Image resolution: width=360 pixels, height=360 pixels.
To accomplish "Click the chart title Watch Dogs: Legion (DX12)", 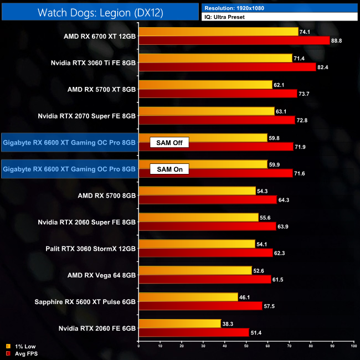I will pos(100,11).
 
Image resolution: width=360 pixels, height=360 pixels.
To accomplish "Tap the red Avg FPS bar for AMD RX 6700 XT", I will pos(234,40).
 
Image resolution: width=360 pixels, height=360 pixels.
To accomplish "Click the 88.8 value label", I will pos(337,40).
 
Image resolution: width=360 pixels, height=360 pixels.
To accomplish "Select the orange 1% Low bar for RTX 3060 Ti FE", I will pos(215,58).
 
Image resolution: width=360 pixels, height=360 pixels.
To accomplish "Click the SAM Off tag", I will pos(169,143).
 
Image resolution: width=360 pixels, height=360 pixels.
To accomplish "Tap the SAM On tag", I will pos(169,169).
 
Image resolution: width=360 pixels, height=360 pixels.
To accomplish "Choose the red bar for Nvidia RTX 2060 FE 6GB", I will pos(194,333).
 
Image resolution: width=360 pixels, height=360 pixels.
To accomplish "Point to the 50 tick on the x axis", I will pos(246,346).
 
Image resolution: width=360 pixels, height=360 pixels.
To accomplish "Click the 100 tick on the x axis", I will pos(353,346).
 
